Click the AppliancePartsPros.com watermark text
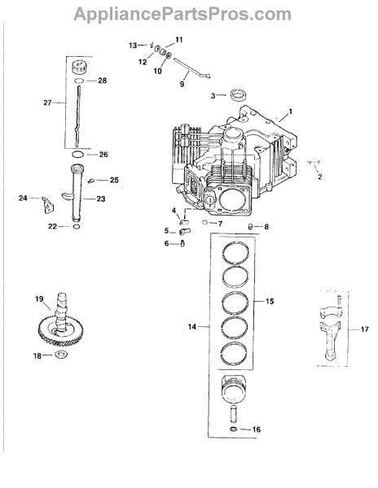coord(182,14)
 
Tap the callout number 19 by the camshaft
coord(39,299)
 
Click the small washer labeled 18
coord(62,354)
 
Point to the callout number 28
coord(102,81)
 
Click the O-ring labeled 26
coord(77,155)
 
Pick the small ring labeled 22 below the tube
coord(77,226)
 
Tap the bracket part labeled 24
coord(47,204)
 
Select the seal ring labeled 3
coord(237,94)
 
